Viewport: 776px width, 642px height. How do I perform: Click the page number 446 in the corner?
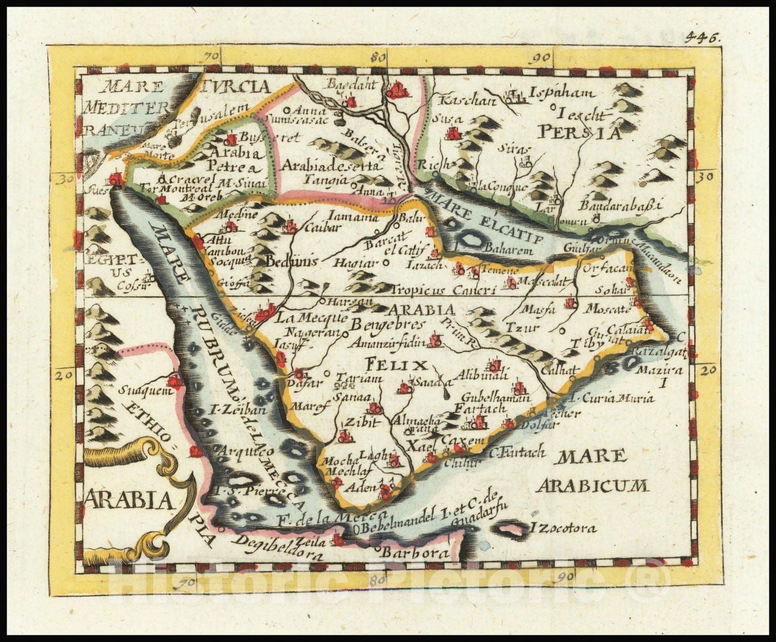(705, 39)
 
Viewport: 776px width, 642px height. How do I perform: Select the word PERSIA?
(580, 132)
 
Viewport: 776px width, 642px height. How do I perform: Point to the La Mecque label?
(312, 318)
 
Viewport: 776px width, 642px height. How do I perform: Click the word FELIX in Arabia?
(396, 364)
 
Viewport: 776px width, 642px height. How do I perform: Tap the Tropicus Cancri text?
(444, 290)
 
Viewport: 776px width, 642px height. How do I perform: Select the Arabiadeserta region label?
(330, 166)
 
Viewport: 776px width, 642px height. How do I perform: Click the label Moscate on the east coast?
(608, 309)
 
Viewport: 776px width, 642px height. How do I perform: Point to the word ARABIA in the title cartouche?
(129, 500)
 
